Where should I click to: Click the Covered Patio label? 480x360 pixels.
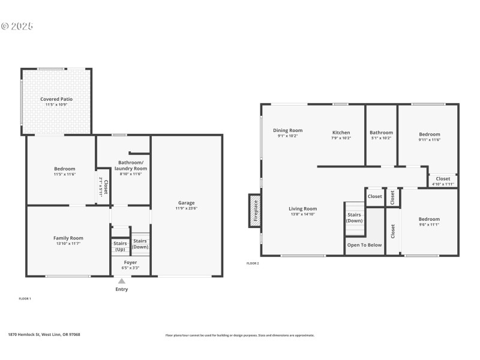tap(56, 99)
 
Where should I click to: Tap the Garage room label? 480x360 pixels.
tap(186, 203)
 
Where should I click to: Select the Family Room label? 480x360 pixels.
tap(68, 238)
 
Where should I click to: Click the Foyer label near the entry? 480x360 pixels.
tap(130, 262)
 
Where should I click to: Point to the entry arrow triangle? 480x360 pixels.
tap(122, 281)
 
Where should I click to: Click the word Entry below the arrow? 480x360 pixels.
tap(122, 289)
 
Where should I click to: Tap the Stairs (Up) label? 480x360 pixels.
tap(120, 246)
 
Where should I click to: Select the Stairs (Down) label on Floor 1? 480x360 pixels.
tap(140, 244)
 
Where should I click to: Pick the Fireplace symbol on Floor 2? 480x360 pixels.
tap(254, 211)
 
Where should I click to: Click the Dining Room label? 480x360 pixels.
tap(287, 130)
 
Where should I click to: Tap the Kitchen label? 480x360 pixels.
tap(341, 133)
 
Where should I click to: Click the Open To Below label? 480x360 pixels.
tap(364, 245)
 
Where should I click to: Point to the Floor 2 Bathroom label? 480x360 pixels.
tap(381, 133)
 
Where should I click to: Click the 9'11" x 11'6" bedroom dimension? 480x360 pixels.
tap(429, 140)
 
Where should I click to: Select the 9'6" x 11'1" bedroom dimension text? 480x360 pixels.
tap(429, 224)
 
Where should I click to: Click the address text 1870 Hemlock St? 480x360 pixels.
tap(44, 335)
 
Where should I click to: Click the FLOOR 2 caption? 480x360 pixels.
tap(253, 263)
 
